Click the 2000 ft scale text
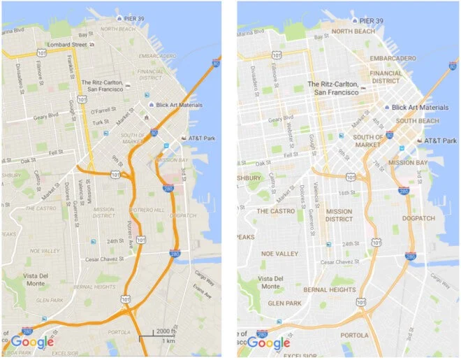[x=166, y=330]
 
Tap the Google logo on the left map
[x=32, y=342]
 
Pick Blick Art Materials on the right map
[x=419, y=108]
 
